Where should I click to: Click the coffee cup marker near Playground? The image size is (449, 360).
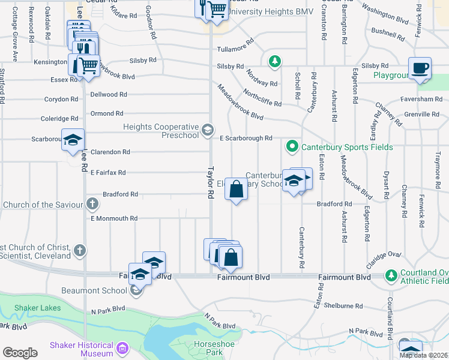pyautogui.click(x=420, y=68)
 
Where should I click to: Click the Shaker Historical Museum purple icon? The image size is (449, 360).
pyautogui.click(x=122, y=347)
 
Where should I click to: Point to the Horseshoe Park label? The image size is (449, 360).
pyautogui.click(x=208, y=348)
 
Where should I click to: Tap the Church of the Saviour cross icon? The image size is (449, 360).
pyautogui.click(x=92, y=204)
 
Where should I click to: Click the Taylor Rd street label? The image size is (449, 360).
pyautogui.click(x=211, y=183)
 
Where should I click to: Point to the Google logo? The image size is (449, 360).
pyautogui.click(x=20, y=352)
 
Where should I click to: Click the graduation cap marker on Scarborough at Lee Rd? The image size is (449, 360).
pyautogui.click(x=73, y=140)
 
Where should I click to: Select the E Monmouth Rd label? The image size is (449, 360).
pyautogui.click(x=114, y=218)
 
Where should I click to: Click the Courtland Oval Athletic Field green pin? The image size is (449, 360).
pyautogui.click(x=391, y=275)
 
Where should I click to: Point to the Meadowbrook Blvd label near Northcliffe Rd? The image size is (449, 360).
pyautogui.click(x=240, y=101)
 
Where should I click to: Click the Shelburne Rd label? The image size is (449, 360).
pyautogui.click(x=343, y=305)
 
